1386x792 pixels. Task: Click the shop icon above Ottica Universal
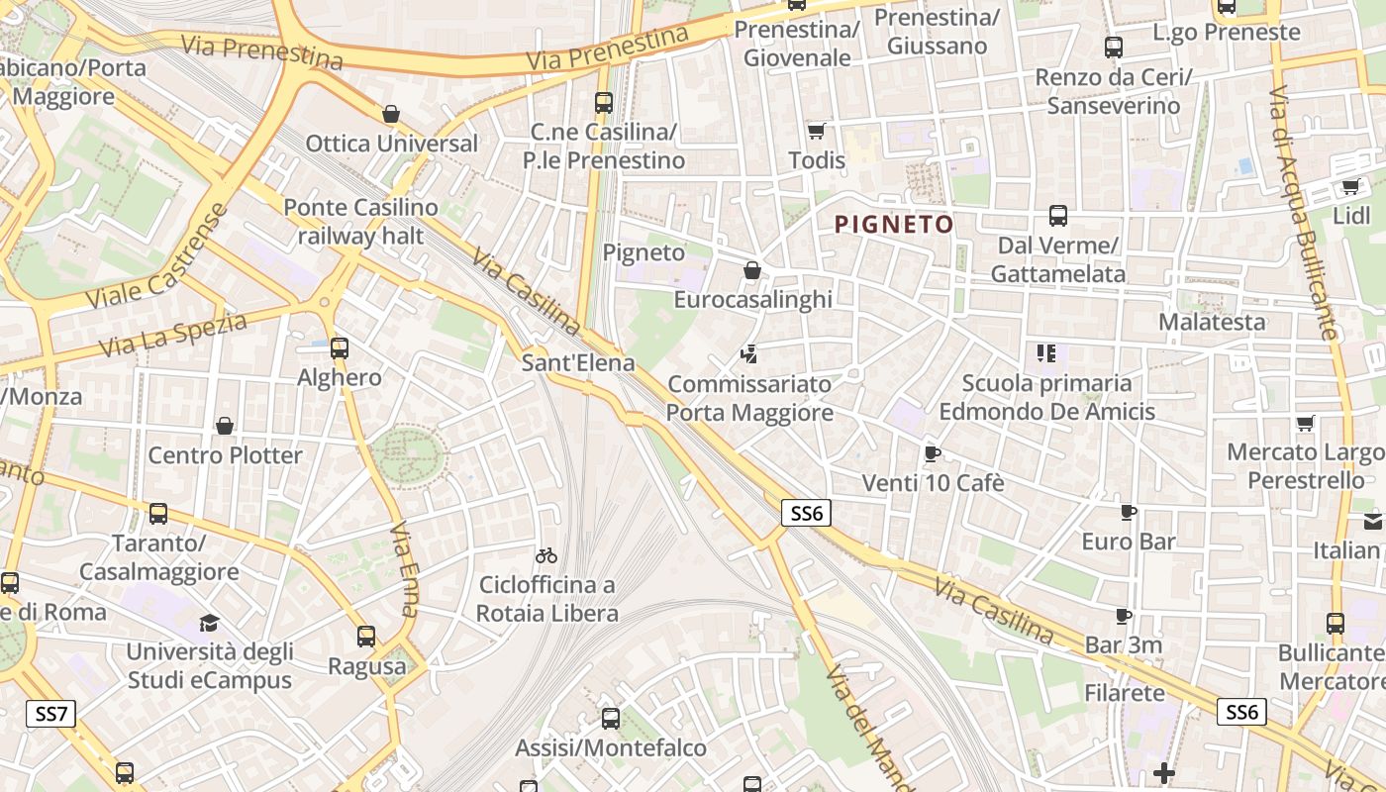(391, 114)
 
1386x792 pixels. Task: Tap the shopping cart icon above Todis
(817, 131)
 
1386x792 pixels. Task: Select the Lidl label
(1351, 216)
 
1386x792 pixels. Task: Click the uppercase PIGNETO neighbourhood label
(894, 225)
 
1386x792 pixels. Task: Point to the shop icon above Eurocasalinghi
(752, 270)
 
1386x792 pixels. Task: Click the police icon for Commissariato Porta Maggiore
(749, 353)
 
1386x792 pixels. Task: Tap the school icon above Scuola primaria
(1046, 352)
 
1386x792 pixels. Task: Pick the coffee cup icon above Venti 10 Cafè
(932, 453)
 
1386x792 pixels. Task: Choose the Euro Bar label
(1129, 542)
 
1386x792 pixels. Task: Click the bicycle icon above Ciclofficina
(546, 555)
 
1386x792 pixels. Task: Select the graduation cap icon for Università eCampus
(209, 624)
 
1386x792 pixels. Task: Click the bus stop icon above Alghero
(340, 347)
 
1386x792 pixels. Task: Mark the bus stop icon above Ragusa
(366, 637)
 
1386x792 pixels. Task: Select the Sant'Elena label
(578, 363)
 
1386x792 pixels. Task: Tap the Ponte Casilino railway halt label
(360, 222)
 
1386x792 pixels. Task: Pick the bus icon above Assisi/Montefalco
(611, 719)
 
